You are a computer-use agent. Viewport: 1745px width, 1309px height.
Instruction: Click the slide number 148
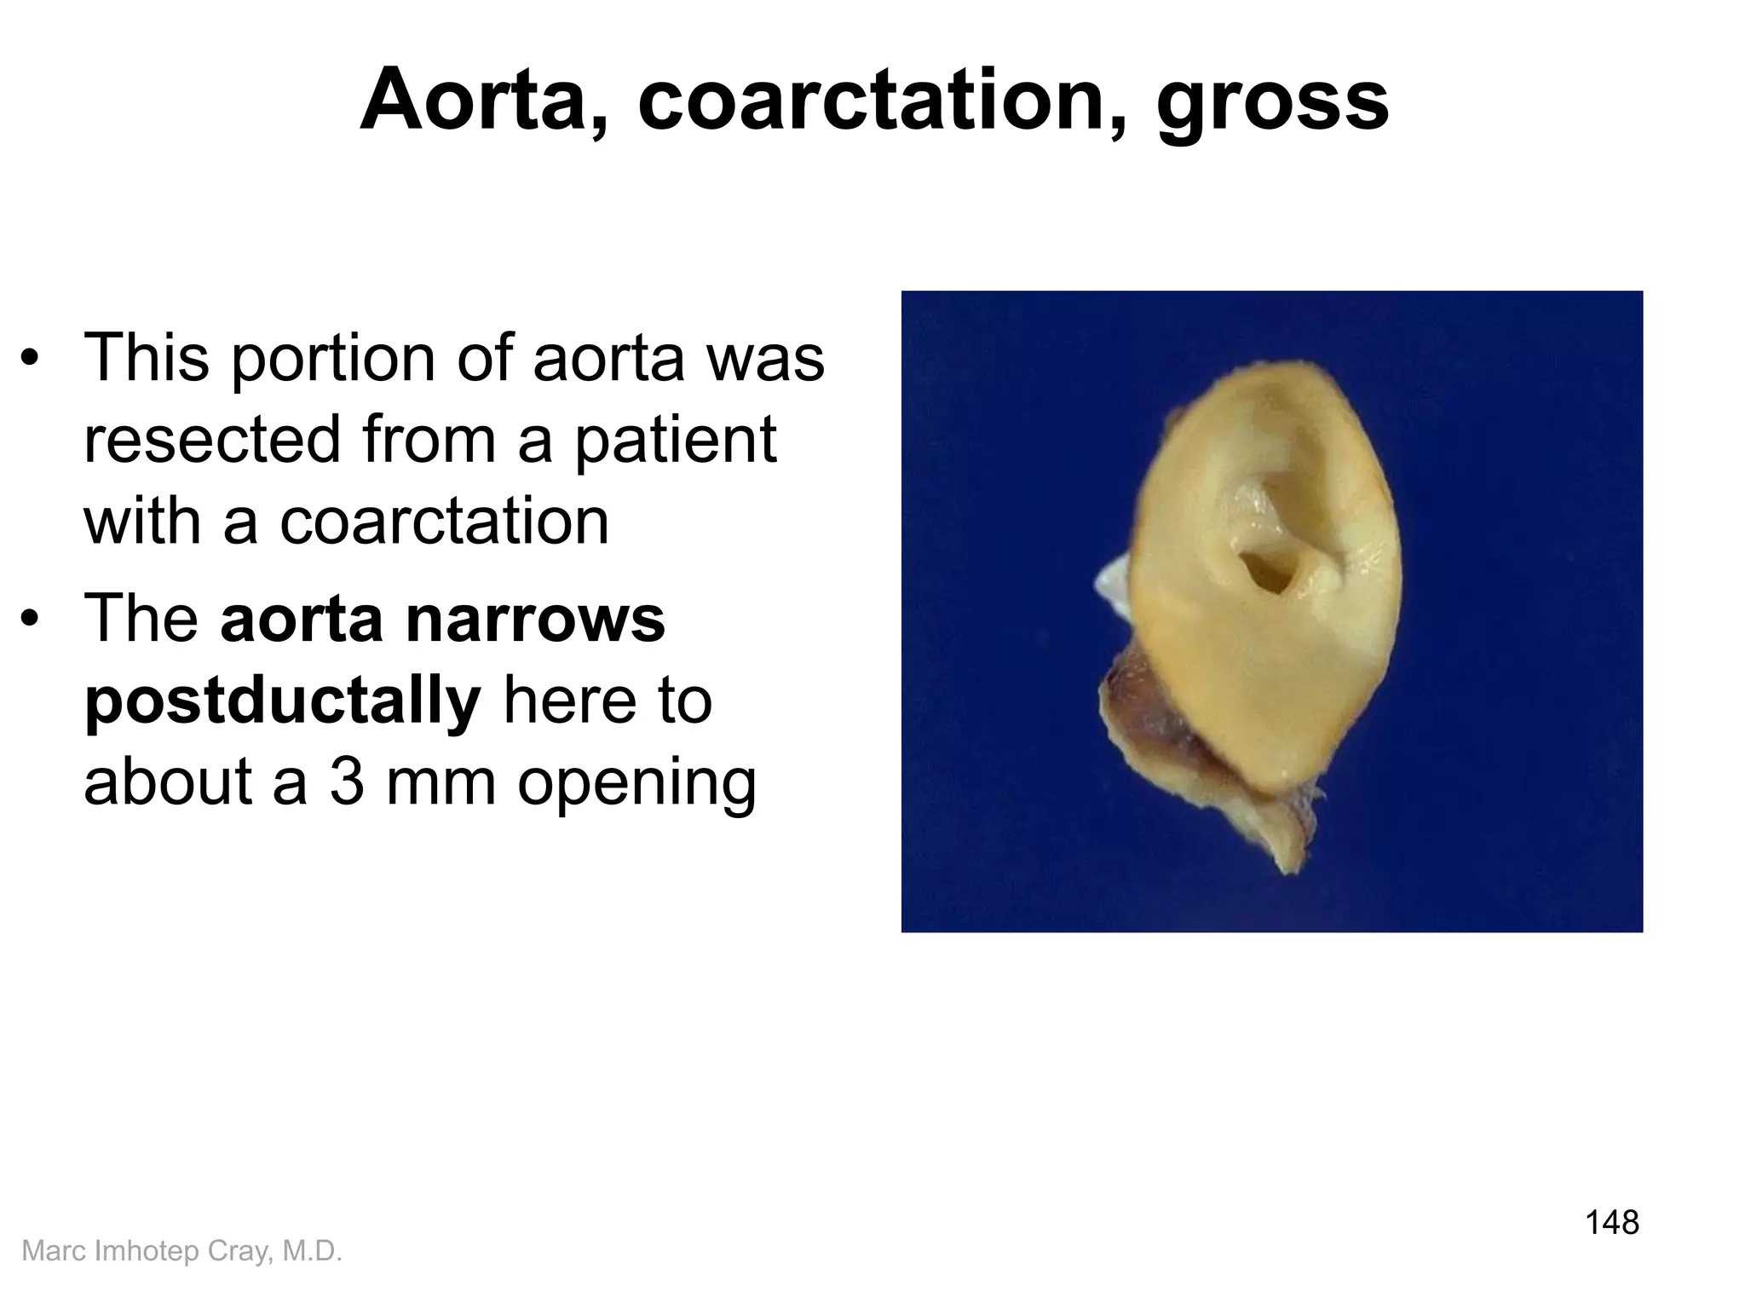[x=1611, y=1222]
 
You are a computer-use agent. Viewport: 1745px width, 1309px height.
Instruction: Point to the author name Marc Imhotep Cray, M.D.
[x=181, y=1250]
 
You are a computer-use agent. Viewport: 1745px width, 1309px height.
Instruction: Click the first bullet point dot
[x=31, y=359]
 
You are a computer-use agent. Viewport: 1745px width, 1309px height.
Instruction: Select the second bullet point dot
[x=31, y=619]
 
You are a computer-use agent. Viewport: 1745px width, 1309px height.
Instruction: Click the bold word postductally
[x=283, y=702]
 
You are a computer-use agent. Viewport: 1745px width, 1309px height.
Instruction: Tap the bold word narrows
[x=537, y=619]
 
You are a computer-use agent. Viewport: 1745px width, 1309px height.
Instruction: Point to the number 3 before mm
[x=347, y=781]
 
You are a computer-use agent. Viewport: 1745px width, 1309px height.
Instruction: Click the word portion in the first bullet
[x=332, y=360]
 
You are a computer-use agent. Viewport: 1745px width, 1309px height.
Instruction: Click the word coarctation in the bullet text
[x=444, y=522]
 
